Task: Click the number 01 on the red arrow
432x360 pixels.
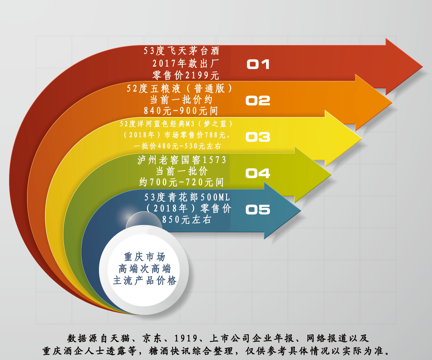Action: tap(258, 64)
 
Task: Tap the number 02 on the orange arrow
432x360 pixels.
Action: tap(258, 100)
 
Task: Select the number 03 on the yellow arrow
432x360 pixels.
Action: tap(258, 137)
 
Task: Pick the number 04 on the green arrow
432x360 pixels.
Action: tap(258, 173)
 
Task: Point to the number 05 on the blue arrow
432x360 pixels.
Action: tap(258, 210)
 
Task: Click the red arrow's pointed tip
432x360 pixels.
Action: tap(423, 67)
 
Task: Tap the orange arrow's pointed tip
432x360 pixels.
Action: tap(392, 102)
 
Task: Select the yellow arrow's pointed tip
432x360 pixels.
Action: tap(361, 138)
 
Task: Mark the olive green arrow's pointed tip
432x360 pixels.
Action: tap(331, 175)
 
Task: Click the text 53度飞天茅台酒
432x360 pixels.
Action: tap(181, 51)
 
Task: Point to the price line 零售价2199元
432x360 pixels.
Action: tap(186, 75)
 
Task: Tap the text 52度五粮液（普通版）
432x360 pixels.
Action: tap(179, 89)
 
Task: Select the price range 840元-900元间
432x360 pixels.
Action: tap(181, 111)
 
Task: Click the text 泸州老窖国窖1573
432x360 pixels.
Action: tap(182, 160)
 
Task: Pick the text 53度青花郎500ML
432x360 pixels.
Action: tap(187, 197)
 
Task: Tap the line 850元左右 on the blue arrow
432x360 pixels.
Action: tap(186, 220)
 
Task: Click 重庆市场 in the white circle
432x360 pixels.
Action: tap(144, 257)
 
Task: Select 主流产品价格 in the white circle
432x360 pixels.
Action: tap(145, 281)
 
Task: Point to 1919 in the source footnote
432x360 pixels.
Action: tap(186, 338)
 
